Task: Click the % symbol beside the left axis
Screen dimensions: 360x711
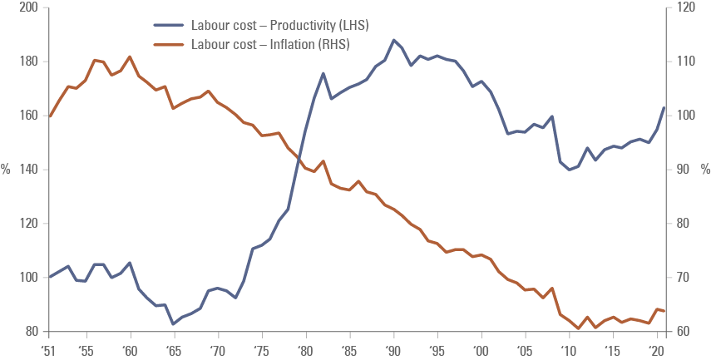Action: (x=7, y=170)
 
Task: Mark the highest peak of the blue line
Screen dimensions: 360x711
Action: (x=394, y=39)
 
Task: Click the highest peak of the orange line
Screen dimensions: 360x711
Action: (x=130, y=57)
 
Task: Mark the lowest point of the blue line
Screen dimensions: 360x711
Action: (x=173, y=323)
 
